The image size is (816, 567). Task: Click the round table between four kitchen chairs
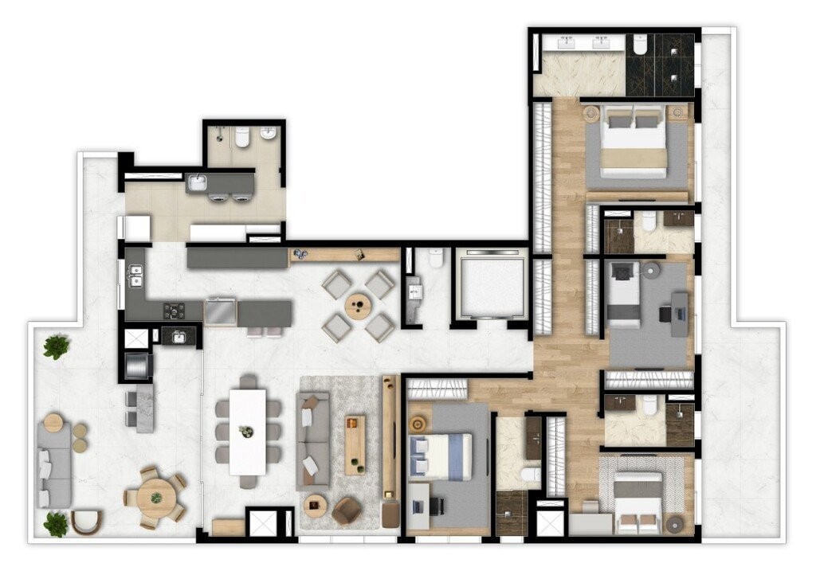pos(358,306)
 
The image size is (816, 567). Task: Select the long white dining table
pos(248,431)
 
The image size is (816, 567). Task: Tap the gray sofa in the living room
pos(312,439)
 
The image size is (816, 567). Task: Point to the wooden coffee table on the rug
pos(355,444)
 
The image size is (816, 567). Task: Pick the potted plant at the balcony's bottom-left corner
pos(56,523)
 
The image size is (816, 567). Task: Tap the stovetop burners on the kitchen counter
pos(175,311)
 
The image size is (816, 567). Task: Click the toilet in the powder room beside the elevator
pos(436,259)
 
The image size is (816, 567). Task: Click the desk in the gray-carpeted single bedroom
pos(679,313)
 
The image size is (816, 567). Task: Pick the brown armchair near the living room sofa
pos(346,510)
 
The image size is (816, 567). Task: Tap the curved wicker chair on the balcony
pos(87,522)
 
